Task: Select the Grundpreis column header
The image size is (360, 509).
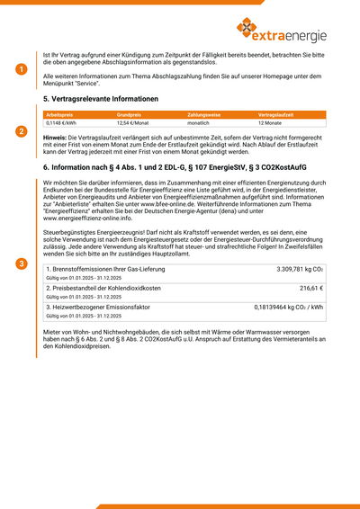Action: pos(129,115)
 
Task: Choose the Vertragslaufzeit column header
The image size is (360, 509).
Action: pos(276,115)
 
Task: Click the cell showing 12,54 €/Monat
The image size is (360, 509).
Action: pos(133,123)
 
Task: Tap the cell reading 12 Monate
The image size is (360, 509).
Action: pos(271,123)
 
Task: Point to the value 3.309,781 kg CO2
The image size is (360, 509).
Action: pos(300,269)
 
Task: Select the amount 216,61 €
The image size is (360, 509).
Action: pos(311,288)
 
